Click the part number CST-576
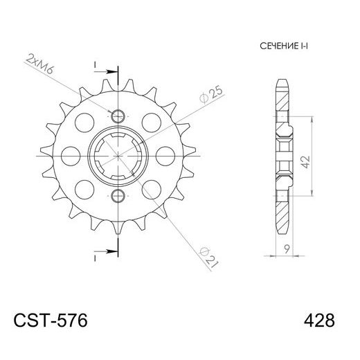[x=50, y=321]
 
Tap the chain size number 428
[x=319, y=321]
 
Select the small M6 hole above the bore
[x=117, y=115]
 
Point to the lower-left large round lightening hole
[x=84, y=187]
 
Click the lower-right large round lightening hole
[x=150, y=187]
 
